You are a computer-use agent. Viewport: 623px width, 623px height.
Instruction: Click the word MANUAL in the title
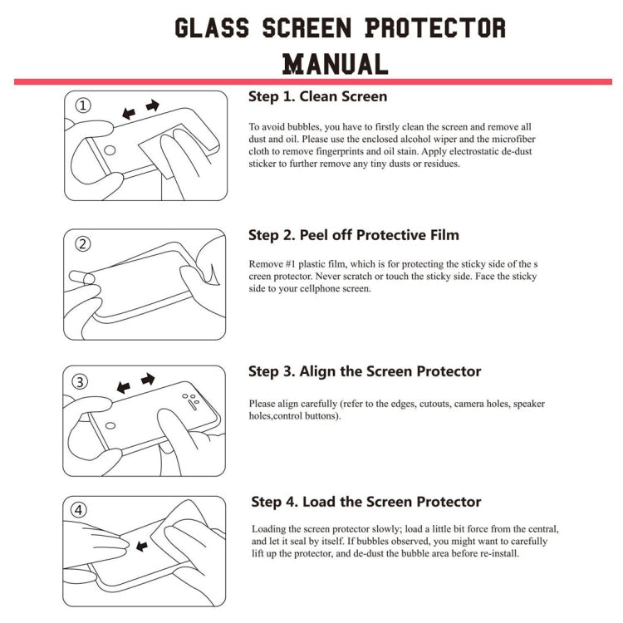pyautogui.click(x=335, y=64)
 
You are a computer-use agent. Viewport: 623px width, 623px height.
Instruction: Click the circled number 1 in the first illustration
pyautogui.click(x=83, y=105)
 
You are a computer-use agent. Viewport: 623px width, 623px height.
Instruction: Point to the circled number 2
pyautogui.click(x=83, y=243)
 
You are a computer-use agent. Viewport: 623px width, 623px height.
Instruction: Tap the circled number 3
pyautogui.click(x=81, y=381)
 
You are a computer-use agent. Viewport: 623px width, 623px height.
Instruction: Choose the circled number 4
pyautogui.click(x=80, y=510)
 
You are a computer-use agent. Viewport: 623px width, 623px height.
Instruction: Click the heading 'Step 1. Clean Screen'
pyautogui.click(x=317, y=96)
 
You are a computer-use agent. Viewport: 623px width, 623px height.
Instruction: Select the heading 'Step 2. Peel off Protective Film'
pyautogui.click(x=353, y=235)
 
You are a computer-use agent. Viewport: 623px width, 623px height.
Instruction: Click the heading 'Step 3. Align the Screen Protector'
pyautogui.click(x=365, y=371)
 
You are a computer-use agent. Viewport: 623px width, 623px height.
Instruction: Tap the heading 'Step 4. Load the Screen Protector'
pyautogui.click(x=366, y=502)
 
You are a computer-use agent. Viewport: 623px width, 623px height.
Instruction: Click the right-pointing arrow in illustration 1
pyautogui.click(x=152, y=105)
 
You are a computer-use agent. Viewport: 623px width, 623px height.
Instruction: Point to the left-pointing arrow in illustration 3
pyautogui.click(x=124, y=387)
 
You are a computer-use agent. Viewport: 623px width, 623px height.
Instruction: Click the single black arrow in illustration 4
pyautogui.click(x=142, y=546)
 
